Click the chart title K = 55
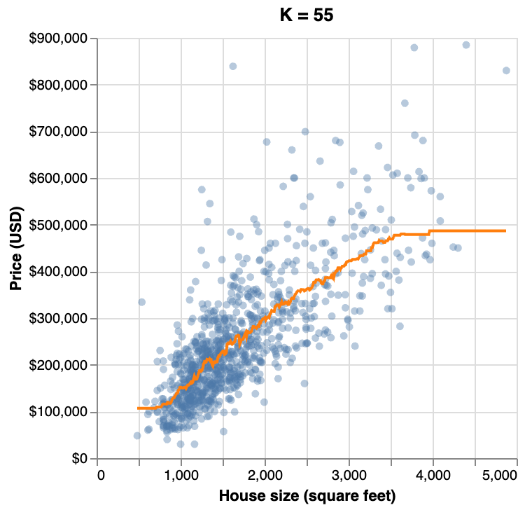pyautogui.click(x=307, y=15)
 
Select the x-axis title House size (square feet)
pyautogui.click(x=307, y=496)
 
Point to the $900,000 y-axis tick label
pyautogui.click(x=62, y=39)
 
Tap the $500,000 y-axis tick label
pyautogui.click(x=62, y=225)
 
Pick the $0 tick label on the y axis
pyautogui.click(x=81, y=459)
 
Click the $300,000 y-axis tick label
pyautogui.click(x=62, y=319)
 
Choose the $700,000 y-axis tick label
pyautogui.click(x=62, y=132)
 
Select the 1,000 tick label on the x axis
pyautogui.click(x=182, y=475)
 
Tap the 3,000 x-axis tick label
pyautogui.click(x=350, y=475)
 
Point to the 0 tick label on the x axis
pyautogui.click(x=102, y=475)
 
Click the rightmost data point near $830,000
pyautogui.click(x=506, y=70)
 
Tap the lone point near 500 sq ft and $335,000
pyautogui.click(x=141, y=302)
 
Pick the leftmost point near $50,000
pyautogui.click(x=137, y=436)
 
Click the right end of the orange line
pyautogui.click(x=505, y=230)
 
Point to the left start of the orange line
pyautogui.click(x=138, y=408)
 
